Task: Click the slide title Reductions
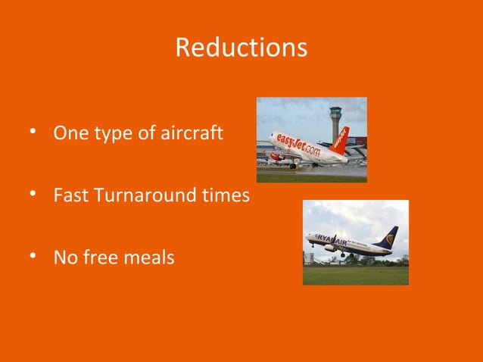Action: [x=241, y=48]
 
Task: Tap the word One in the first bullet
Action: [x=69, y=134]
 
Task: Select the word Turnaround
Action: [x=151, y=195]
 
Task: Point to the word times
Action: [x=228, y=195]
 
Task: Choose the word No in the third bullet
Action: [x=64, y=257]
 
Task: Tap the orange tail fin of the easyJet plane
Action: [x=341, y=139]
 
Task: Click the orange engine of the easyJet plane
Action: [x=278, y=157]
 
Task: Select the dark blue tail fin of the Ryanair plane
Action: [x=389, y=236]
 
